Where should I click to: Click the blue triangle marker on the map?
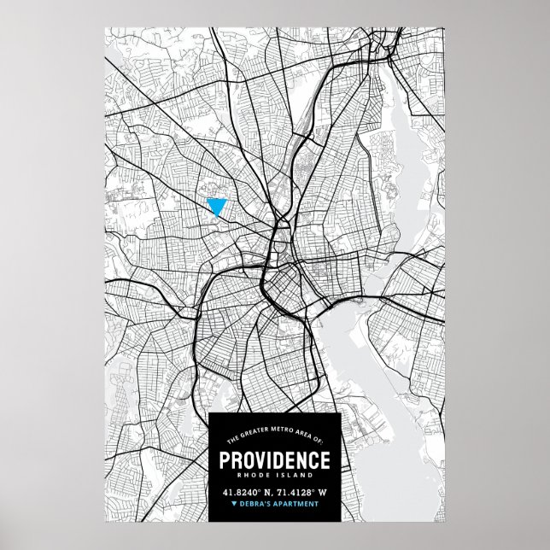click(x=216, y=205)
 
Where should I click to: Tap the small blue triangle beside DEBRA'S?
click(x=234, y=504)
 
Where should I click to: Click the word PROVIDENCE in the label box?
click(x=274, y=459)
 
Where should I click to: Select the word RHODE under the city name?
click(x=254, y=475)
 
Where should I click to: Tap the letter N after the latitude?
click(x=267, y=493)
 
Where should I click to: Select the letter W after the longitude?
click(x=322, y=493)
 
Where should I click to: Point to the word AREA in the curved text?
click(x=303, y=435)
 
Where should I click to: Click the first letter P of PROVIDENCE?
click(x=225, y=459)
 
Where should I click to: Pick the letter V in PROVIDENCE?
click(x=258, y=459)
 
